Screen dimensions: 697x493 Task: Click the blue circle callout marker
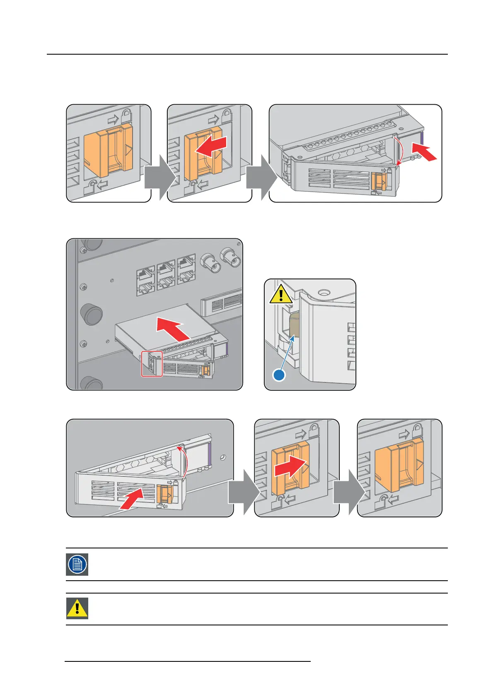279,375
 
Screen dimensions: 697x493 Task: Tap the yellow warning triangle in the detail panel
281,294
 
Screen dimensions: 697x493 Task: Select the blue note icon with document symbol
77,564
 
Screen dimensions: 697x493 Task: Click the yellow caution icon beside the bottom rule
77,608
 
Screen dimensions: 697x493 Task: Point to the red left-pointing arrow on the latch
210,147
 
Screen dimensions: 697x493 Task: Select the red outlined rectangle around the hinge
152,364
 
